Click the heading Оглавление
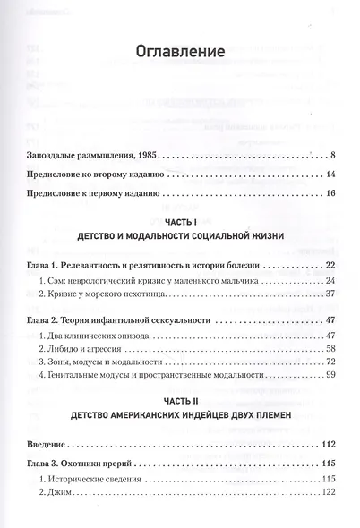coord(179,51)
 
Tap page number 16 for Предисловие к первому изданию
coord(330,193)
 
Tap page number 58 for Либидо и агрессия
coord(330,348)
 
